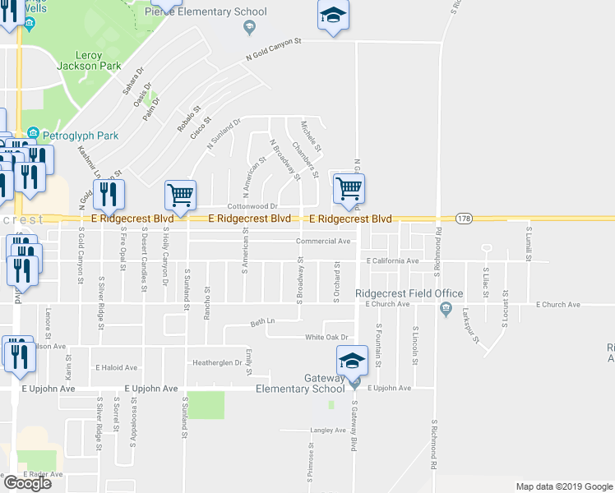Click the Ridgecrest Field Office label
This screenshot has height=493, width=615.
point(398,293)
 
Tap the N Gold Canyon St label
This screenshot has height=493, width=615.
point(275,49)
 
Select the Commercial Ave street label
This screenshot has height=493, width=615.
point(324,242)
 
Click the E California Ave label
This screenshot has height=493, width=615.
point(393,261)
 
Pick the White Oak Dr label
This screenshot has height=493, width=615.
point(327,337)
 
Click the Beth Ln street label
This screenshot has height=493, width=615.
point(261,322)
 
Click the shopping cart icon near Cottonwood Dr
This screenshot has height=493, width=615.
point(180,196)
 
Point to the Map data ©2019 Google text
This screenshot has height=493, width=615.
point(563,486)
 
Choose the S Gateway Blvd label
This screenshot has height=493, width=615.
point(355,427)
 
